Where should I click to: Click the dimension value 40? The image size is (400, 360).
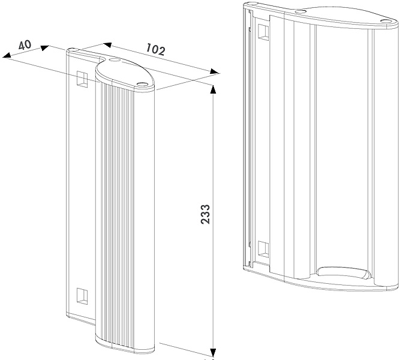(x=25, y=44)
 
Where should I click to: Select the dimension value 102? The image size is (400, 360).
(x=155, y=50)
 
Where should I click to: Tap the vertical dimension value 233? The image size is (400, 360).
(x=205, y=214)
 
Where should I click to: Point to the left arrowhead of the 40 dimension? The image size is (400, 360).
(x=6, y=56)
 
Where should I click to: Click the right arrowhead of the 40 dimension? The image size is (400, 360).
(x=45, y=48)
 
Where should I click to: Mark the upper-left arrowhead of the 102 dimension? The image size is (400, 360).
(x=107, y=44)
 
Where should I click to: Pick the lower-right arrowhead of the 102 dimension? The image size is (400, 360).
(x=215, y=71)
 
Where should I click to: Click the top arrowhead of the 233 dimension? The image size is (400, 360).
(x=213, y=89)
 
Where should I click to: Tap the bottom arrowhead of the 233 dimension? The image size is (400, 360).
(x=213, y=352)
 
